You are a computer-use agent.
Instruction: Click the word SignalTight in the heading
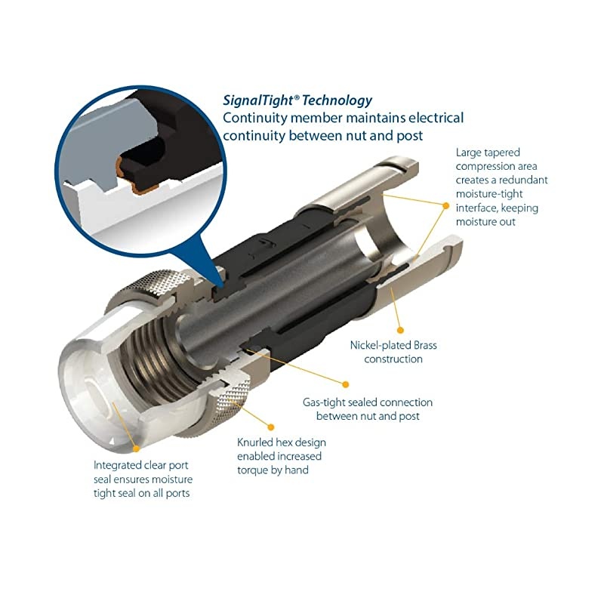[x=258, y=101]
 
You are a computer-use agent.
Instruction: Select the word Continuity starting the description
[x=254, y=119]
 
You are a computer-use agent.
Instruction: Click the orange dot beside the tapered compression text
[x=445, y=206]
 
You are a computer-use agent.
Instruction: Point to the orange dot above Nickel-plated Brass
[x=400, y=330]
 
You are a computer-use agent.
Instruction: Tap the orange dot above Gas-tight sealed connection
[x=346, y=384]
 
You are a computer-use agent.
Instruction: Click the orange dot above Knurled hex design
[x=271, y=427]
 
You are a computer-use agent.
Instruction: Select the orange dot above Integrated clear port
[x=136, y=448]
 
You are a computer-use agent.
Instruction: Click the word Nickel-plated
[x=381, y=346]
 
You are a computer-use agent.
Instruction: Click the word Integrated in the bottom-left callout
[x=119, y=466]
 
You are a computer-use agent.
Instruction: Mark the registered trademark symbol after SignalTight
[x=297, y=97]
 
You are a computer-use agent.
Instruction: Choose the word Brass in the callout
[x=425, y=346]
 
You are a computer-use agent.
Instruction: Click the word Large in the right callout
[x=467, y=153]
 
